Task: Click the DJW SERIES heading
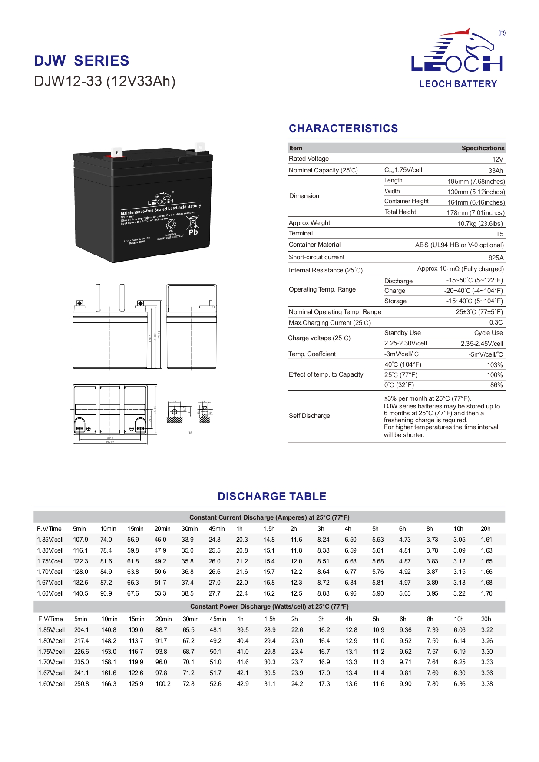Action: tap(82, 61)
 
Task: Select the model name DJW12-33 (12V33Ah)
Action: tap(105, 81)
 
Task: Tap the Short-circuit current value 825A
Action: tap(496, 258)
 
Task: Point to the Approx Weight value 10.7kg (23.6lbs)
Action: tap(480, 224)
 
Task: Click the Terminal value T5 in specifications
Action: tap(499, 234)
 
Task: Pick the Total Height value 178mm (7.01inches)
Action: tap(476, 213)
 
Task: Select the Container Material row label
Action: tap(314, 245)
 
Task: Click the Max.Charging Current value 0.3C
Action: tap(496, 322)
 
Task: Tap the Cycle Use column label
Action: tap(488, 333)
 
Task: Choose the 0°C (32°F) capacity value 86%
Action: tap(496, 385)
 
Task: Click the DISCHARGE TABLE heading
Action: tap(272, 496)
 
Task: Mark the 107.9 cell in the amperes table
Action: tap(80, 540)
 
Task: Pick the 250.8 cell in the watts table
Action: tap(81, 684)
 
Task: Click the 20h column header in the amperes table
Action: tap(485, 529)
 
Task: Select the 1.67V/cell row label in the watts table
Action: tap(51, 673)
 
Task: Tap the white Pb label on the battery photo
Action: tap(193, 232)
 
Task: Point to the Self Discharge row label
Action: tap(309, 416)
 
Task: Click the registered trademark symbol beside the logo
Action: tap(502, 33)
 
